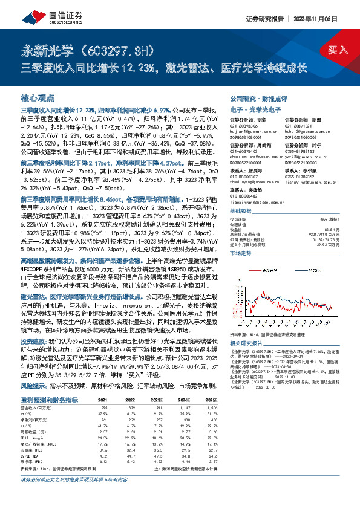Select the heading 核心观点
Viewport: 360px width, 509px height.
tap(38, 98)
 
